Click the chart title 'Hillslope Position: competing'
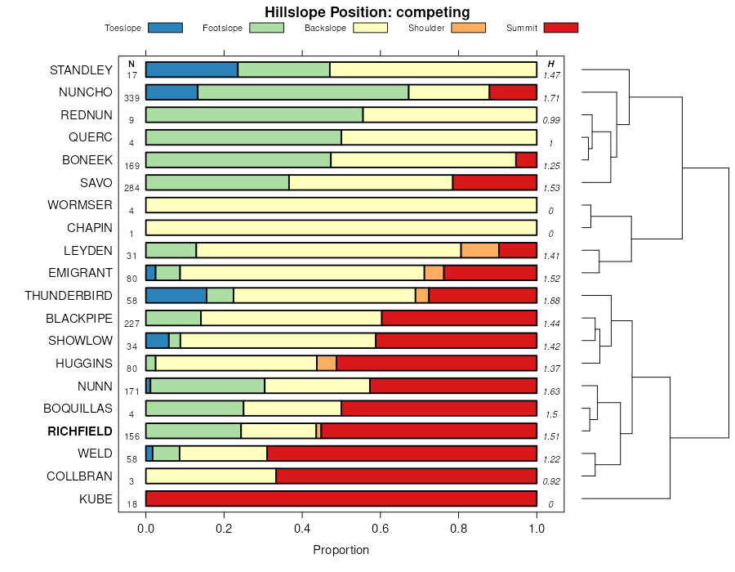367,12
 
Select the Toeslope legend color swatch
166,28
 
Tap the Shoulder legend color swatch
469,28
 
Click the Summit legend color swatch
561,28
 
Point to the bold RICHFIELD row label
80,431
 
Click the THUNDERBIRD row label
69,295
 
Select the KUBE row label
96,498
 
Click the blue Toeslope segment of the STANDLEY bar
191,69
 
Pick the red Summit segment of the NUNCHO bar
513,92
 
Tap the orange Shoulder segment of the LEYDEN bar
479,250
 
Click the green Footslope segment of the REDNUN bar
254,114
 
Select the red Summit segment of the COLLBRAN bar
406,476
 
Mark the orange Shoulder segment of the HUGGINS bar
327,363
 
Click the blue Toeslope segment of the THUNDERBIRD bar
176,295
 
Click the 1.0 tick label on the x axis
537,529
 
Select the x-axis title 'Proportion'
341,550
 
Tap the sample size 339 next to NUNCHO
131,98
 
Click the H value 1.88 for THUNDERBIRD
551,300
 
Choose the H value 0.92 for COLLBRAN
551,481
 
